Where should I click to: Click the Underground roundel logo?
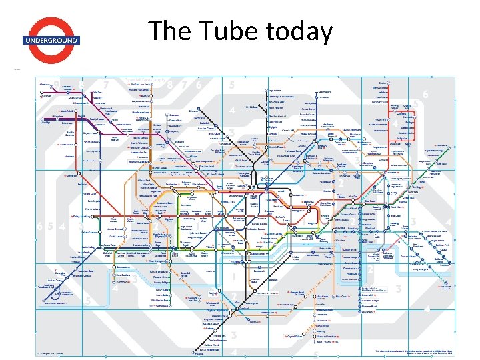51,40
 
